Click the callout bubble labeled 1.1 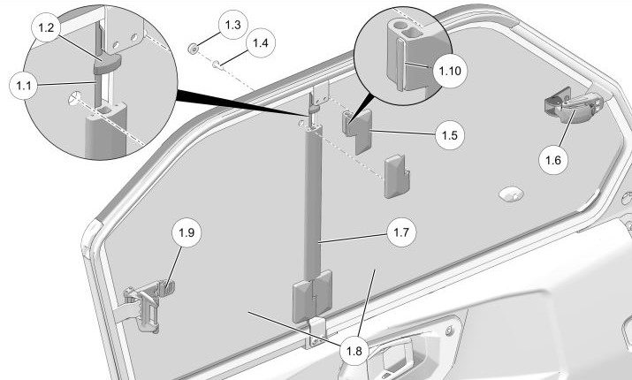(23, 85)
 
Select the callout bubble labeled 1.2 (48, 28)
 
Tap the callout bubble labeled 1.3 (232, 26)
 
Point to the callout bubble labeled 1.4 (261, 42)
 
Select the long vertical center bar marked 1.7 (310, 203)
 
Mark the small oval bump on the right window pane (510, 194)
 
